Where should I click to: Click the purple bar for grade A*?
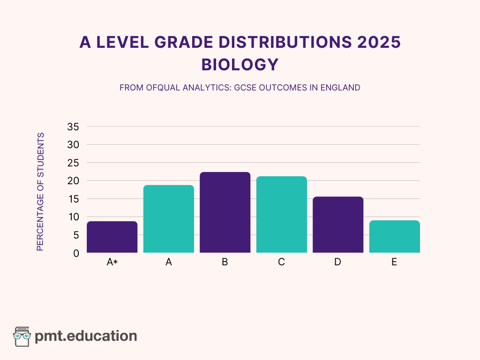coord(112,237)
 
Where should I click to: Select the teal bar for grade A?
coord(169,219)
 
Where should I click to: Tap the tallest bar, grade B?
coord(225,212)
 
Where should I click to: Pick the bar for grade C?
coord(281,215)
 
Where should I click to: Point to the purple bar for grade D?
coord(337,225)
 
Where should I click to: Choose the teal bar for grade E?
coord(394,237)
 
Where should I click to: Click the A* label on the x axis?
coord(112,262)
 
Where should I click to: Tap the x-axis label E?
coord(394,262)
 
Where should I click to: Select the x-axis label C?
coord(281,262)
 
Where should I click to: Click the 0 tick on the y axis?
coord(76,253)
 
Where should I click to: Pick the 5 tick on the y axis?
coord(76,235)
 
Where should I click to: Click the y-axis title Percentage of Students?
coord(40,192)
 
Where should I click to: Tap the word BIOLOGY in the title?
coord(240,65)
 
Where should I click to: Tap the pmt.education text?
coord(86,336)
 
